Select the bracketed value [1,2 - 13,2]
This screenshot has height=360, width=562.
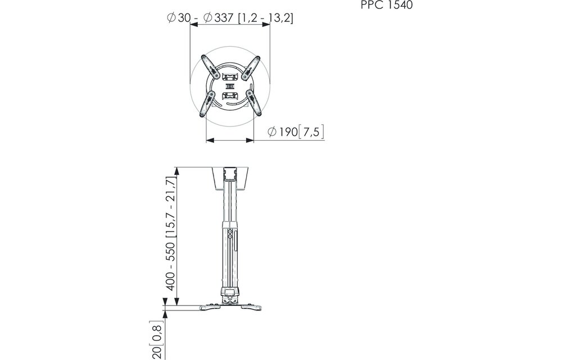(265, 18)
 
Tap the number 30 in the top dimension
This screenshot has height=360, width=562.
(184, 18)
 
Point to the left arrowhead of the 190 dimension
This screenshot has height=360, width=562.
(210, 141)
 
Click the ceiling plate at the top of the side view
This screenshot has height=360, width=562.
(230, 177)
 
